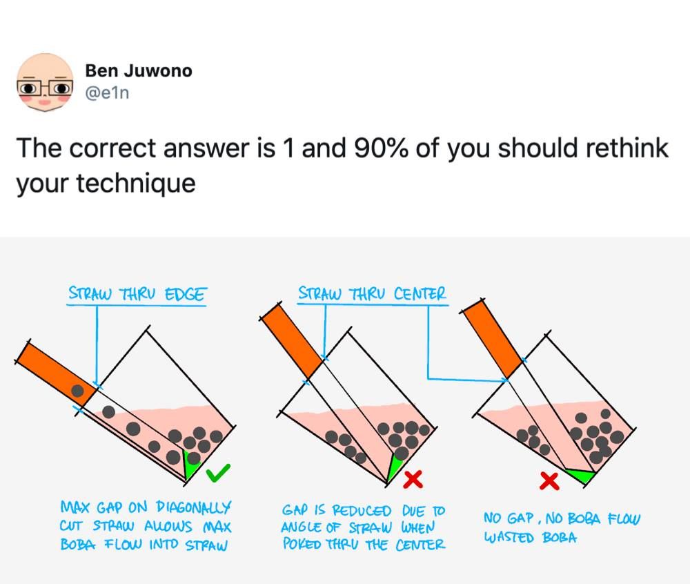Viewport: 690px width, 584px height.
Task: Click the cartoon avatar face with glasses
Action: pos(45,82)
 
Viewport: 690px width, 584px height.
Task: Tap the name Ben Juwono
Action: pos(139,70)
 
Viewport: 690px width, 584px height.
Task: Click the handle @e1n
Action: pos(107,93)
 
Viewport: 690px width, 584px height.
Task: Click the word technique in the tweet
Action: pos(136,183)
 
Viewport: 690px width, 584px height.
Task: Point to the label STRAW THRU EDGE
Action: pos(137,294)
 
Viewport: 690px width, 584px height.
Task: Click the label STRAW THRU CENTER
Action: pos(372,293)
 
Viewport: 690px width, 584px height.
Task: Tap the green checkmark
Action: pos(218,472)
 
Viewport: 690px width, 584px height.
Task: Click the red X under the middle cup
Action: pos(413,479)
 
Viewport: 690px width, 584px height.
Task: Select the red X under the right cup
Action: pos(550,481)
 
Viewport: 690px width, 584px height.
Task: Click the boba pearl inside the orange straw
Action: pos(77,390)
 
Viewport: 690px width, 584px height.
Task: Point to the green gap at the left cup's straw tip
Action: pos(190,465)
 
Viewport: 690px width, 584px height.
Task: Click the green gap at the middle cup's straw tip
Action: pos(393,467)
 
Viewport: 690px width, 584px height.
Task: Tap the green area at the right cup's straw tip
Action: pos(581,476)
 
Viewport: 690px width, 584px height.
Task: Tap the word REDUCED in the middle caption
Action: pos(361,511)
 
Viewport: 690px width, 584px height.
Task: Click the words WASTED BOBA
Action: pos(530,537)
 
